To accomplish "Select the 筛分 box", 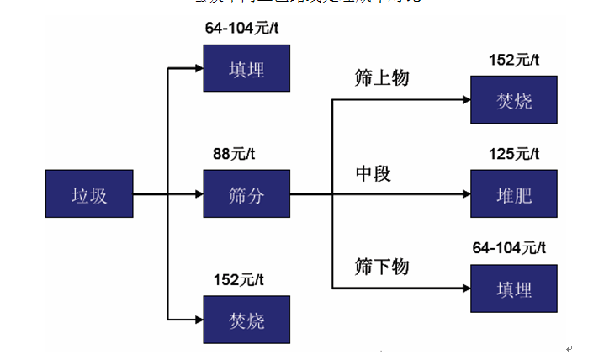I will pyautogui.click(x=246, y=194).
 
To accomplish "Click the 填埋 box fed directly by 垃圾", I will pyautogui.click(x=246, y=67).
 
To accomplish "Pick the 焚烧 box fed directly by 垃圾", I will pyautogui.click(x=246, y=320).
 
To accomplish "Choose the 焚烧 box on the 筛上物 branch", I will pyautogui.click(x=513, y=100).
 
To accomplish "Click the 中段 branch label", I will pyautogui.click(x=374, y=174).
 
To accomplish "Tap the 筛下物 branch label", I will pyautogui.click(x=382, y=267).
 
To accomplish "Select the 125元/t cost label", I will pyautogui.click(x=513, y=154).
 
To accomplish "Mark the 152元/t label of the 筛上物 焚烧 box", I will pyautogui.click(x=513, y=60).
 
